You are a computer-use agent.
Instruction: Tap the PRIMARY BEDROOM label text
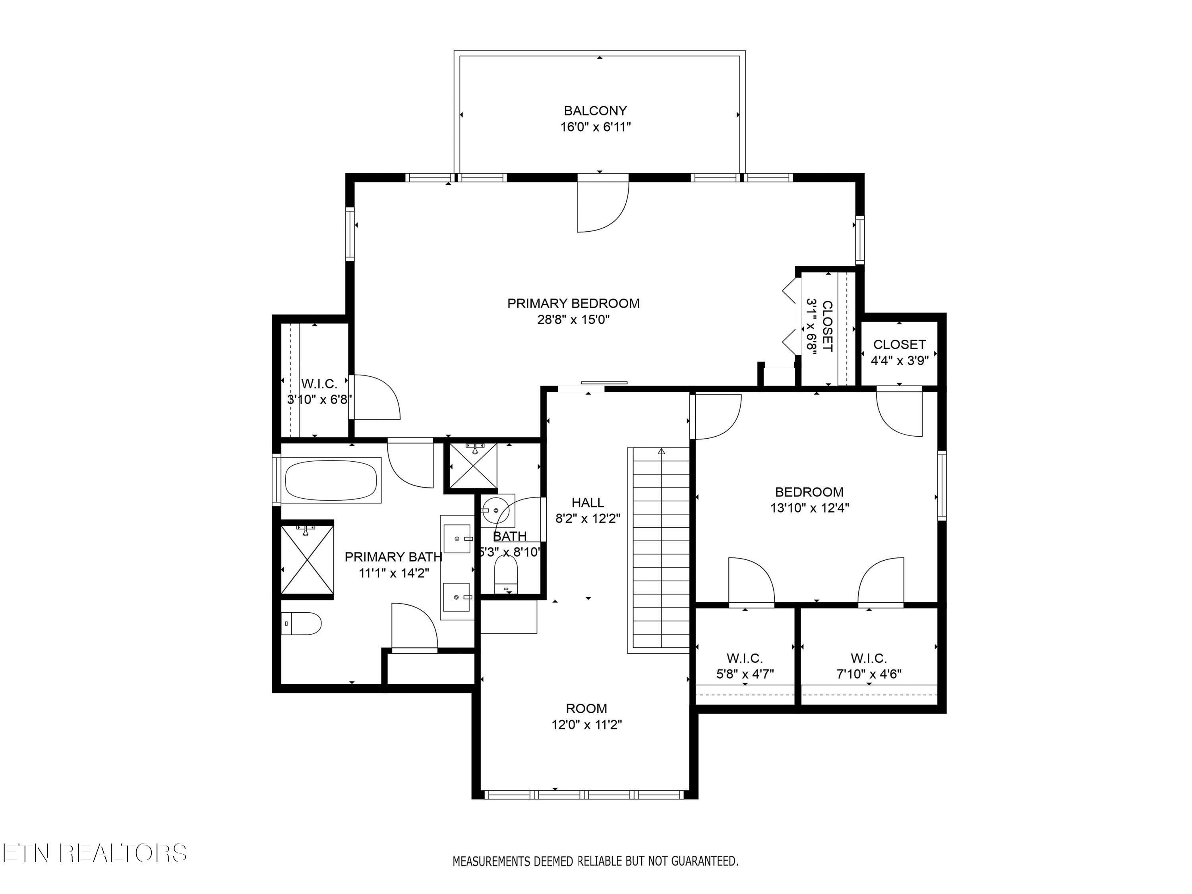[x=573, y=304]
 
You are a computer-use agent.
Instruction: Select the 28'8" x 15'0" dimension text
[x=573, y=319]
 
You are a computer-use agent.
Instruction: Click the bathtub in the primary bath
[x=331, y=481]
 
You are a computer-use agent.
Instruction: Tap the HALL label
[x=588, y=503]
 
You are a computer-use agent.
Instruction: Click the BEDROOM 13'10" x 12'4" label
[x=809, y=499]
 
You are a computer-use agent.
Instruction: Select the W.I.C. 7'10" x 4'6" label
[x=869, y=666]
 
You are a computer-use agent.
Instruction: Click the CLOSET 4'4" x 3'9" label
[x=900, y=352]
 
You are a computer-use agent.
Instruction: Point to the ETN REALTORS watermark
[x=94, y=853]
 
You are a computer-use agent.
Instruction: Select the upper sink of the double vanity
[x=457, y=538]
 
